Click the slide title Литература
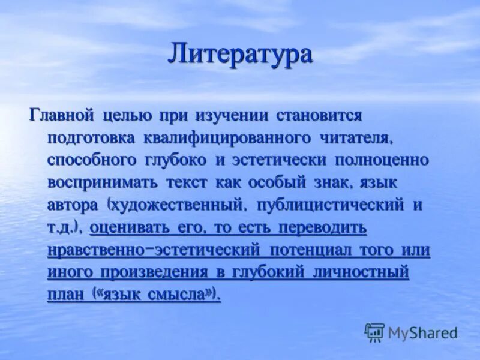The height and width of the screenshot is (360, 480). point(240,55)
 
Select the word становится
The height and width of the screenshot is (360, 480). point(319,115)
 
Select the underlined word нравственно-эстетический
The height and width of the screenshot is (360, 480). point(153,250)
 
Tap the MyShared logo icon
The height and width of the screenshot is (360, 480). point(374,332)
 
